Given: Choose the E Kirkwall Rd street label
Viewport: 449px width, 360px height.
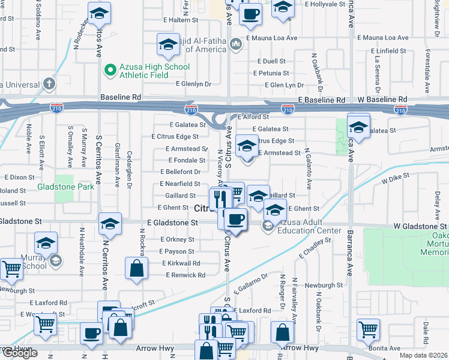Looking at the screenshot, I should click(181, 263).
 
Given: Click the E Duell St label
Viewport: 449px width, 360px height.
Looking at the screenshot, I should click(271, 61).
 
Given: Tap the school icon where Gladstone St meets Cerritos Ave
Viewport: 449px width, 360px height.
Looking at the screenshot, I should click(110, 224).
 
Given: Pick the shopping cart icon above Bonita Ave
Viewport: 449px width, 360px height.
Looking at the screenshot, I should click(368, 328).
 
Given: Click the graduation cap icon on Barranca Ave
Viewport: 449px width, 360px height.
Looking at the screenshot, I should click(358, 128).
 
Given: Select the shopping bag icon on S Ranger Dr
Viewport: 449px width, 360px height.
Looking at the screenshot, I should click(282, 332).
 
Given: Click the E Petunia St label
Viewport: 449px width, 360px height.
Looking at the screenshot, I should click(274, 73).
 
